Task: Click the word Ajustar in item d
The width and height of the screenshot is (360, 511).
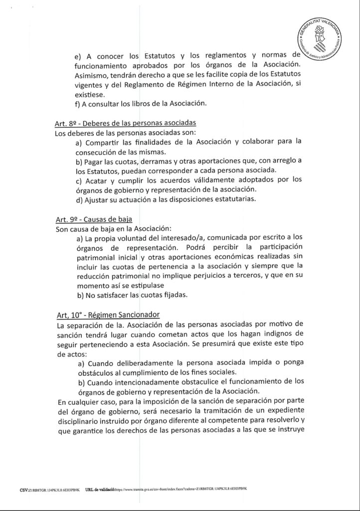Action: [x=100, y=200]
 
